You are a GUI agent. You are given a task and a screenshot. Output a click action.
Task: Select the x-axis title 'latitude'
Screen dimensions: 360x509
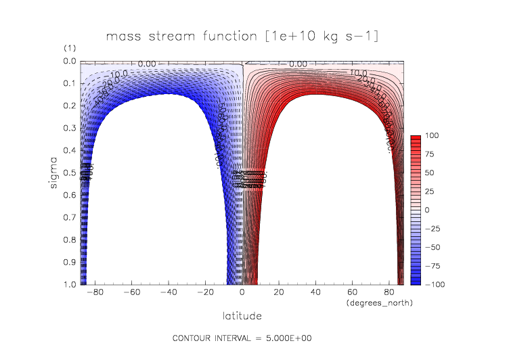242,316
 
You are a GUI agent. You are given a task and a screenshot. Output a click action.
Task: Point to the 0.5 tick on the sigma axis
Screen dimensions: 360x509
69,173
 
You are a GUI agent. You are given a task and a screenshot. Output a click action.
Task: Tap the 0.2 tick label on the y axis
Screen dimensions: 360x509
69,106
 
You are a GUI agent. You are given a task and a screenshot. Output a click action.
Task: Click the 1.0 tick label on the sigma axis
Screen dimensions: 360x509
69,285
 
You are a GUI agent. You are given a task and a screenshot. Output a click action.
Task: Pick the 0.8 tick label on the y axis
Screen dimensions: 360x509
69,240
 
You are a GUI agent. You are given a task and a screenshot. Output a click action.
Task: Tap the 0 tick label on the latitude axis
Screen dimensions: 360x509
242,293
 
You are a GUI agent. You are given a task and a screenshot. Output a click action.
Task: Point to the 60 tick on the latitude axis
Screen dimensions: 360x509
352,293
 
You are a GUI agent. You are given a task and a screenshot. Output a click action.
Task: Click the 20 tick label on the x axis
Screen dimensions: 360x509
279,293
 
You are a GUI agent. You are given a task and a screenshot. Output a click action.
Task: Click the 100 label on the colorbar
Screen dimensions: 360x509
431,136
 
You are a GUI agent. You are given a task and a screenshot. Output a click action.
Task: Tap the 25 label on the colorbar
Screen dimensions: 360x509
430,192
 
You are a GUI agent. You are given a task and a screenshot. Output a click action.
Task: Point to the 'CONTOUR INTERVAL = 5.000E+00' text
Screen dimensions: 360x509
242,338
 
